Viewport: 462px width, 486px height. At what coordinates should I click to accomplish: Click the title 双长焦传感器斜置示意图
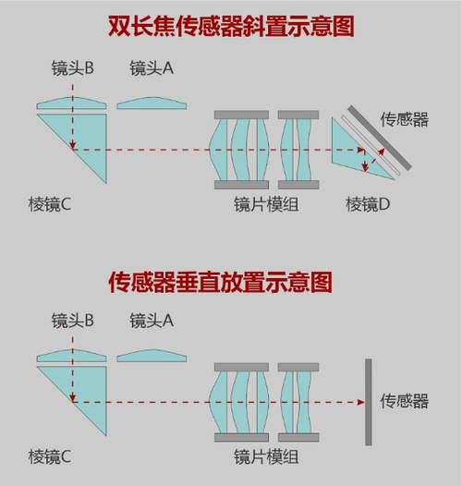coord(231,27)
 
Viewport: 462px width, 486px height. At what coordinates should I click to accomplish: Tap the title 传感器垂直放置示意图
coord(220,282)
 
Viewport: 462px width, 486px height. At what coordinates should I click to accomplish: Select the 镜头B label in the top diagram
coord(73,67)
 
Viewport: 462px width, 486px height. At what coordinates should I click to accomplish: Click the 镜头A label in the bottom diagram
coord(152,321)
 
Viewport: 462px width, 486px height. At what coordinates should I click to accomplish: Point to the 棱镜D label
coord(368,204)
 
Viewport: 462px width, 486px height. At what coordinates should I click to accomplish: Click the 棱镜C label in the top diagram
coord(50,204)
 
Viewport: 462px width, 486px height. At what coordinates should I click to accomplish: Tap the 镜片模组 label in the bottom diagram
coord(266,456)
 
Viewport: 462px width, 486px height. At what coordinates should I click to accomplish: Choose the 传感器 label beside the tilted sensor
coord(405,119)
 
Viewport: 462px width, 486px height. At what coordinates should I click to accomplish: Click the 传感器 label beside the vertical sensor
coord(405,401)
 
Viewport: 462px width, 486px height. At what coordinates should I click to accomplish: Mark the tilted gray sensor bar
coord(380,138)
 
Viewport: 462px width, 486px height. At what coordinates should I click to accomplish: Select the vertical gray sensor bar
coord(369,402)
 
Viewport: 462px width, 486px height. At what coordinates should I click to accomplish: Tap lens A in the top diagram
coord(152,103)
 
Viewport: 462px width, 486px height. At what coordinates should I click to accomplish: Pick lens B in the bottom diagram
coord(72,357)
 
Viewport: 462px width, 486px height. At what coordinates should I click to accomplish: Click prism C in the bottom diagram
coord(84,391)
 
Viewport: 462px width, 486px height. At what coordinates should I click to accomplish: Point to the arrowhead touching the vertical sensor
coord(361,402)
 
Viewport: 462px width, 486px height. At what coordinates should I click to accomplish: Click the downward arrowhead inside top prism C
coord(73,145)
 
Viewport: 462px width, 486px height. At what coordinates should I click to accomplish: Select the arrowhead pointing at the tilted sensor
coord(382,152)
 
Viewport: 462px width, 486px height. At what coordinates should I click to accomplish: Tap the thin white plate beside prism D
coord(371,145)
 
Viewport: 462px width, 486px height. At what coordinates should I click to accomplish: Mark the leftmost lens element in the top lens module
coord(218,150)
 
